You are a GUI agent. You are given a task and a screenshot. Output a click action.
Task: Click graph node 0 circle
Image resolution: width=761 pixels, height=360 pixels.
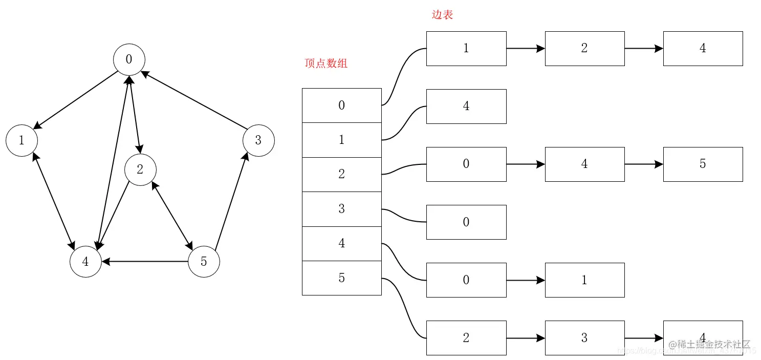click(x=129, y=59)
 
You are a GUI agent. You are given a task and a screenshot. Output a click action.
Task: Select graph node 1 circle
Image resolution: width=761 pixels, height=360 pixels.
click(x=21, y=140)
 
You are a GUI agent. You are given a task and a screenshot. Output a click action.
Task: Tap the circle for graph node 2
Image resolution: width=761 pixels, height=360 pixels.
click(x=140, y=170)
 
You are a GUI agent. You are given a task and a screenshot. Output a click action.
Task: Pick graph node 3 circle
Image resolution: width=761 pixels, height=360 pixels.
click(x=258, y=140)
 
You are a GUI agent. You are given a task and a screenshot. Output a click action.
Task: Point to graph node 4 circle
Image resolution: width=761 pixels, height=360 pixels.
click(x=85, y=262)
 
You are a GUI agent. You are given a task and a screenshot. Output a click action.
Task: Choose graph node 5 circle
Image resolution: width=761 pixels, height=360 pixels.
click(x=204, y=262)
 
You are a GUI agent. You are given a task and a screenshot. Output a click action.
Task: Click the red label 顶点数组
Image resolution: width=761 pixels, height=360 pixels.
click(x=326, y=63)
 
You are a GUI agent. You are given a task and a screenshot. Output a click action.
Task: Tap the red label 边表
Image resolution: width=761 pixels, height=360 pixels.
click(x=442, y=15)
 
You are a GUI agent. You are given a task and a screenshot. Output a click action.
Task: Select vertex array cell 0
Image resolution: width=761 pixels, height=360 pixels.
click(x=341, y=105)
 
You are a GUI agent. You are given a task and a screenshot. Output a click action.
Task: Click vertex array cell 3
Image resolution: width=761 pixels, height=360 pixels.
click(x=341, y=209)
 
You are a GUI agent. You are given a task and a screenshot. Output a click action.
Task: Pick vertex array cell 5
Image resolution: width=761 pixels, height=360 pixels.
click(x=341, y=278)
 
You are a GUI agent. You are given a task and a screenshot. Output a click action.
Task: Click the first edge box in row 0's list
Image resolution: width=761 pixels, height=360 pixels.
click(x=466, y=49)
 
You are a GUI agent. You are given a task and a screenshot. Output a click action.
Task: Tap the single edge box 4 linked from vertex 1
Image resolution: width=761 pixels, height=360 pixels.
click(x=466, y=107)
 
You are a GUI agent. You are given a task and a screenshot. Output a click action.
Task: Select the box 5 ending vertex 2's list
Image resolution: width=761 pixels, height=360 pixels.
click(x=703, y=164)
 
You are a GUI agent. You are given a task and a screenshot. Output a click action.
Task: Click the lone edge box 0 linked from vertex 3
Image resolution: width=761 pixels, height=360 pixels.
click(x=466, y=222)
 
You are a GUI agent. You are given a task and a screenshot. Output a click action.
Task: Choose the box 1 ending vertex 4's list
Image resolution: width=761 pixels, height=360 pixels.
click(x=584, y=280)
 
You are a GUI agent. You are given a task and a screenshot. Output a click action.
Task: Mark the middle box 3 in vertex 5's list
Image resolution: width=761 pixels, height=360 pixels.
click(x=584, y=338)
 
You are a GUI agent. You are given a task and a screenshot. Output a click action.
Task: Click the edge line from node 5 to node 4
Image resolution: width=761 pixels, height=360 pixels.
click(x=146, y=262)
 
